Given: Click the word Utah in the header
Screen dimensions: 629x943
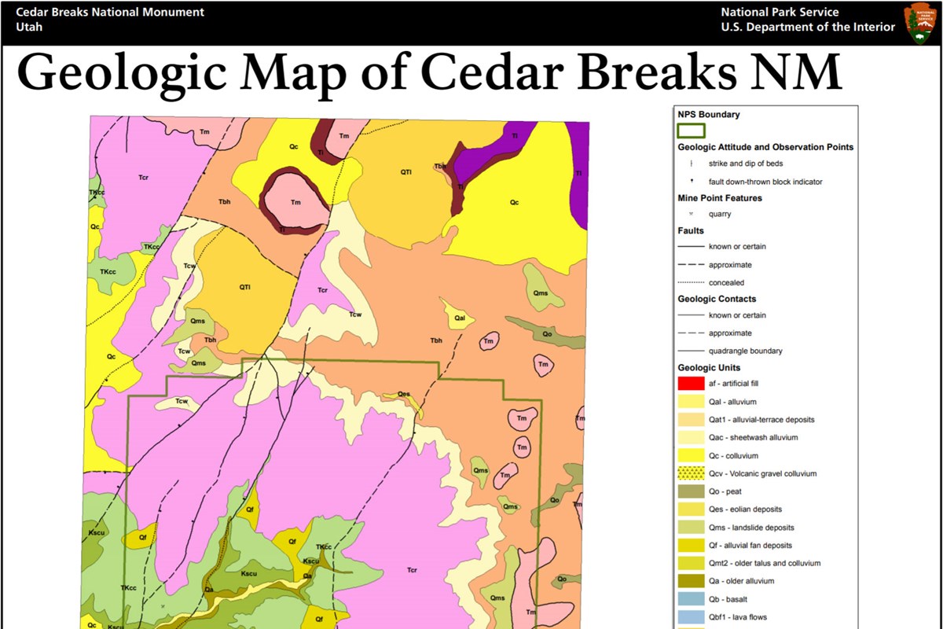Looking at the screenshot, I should point(29,27).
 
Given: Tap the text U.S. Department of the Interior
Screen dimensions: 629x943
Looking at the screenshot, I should point(807,27).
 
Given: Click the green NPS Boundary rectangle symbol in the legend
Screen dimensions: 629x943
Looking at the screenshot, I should point(691,131).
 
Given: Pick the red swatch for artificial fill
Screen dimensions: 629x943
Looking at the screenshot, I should point(691,384).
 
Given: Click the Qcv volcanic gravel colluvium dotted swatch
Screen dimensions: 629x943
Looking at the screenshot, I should point(691,473).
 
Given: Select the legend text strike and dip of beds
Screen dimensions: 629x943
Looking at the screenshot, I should point(745,164).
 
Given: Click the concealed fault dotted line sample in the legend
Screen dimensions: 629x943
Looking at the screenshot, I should point(691,282).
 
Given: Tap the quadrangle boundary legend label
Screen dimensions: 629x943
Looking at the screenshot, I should point(746,351).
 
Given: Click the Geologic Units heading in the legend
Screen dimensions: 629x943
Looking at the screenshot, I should point(709,367).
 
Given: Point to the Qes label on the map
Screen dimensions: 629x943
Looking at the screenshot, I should point(404,394).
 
